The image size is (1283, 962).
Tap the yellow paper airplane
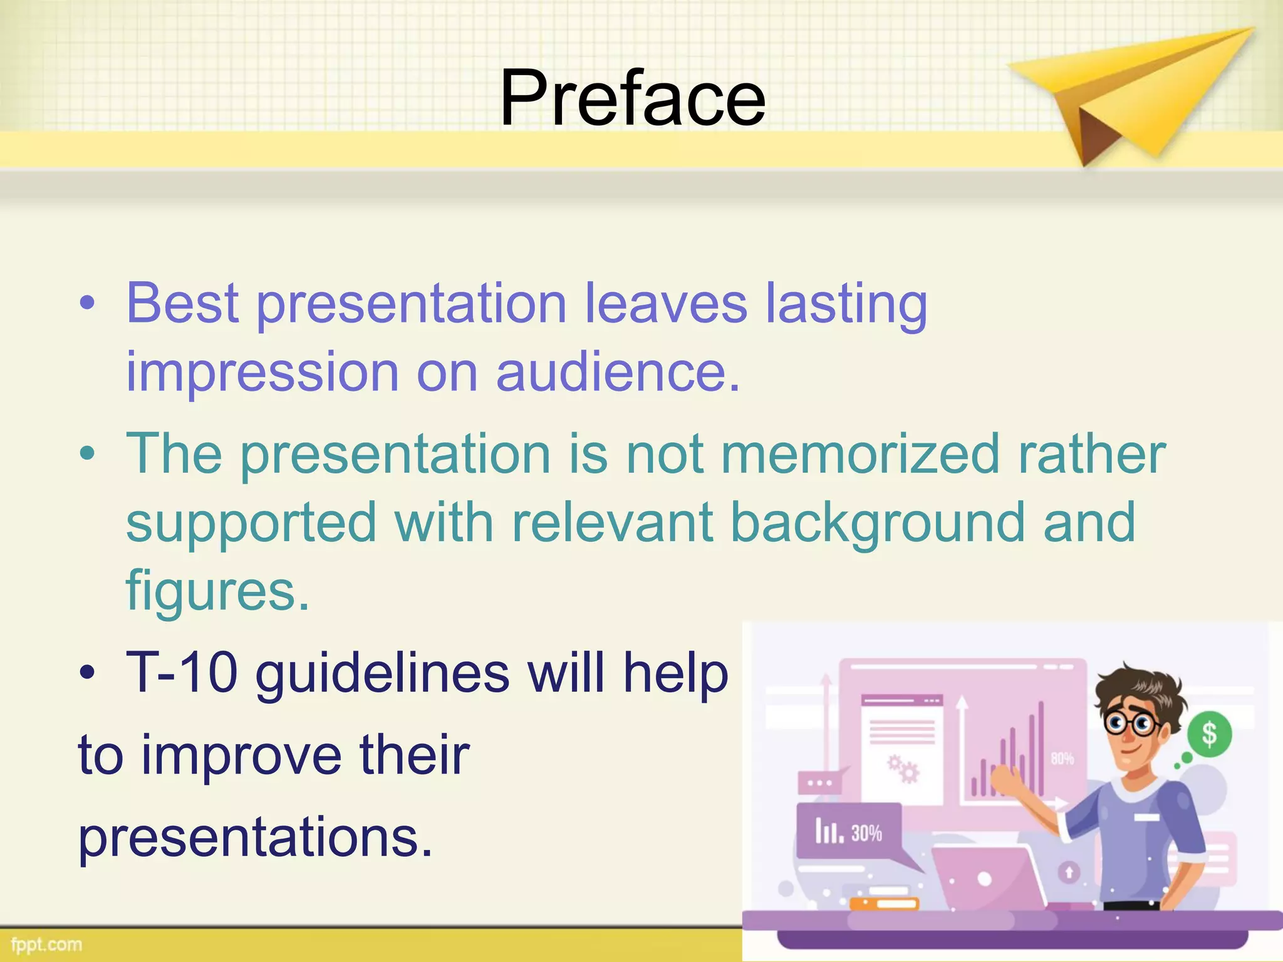[1128, 94]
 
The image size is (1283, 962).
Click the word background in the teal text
[877, 523]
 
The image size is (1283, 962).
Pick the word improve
[242, 755]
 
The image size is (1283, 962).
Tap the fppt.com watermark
[46, 944]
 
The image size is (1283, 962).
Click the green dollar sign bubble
[1209, 734]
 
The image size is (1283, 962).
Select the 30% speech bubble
[849, 832]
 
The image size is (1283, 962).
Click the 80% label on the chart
[1062, 759]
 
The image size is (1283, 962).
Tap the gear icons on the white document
[903, 769]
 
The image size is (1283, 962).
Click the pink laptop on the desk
[987, 877]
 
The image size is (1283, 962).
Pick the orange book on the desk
[884, 904]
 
